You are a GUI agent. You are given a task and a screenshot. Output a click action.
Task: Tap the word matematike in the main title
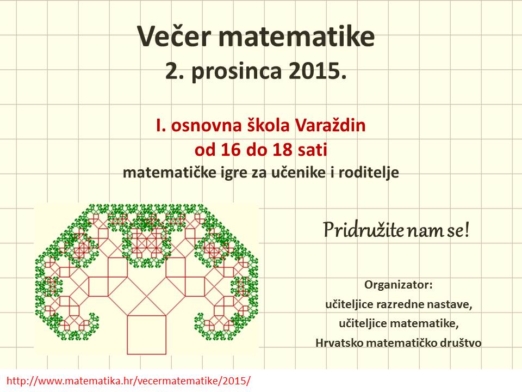click(x=297, y=36)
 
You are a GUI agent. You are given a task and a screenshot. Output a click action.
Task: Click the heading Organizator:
click(x=399, y=285)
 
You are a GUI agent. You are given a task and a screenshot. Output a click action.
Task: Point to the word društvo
click(x=461, y=342)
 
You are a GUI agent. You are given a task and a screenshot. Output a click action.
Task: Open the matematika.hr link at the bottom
click(x=128, y=381)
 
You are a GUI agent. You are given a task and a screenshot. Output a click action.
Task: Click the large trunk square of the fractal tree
click(x=147, y=335)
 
